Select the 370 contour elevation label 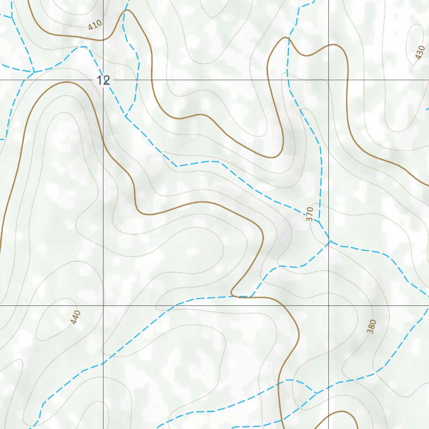[310, 214]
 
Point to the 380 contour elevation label [372, 326]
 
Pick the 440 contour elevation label [75, 318]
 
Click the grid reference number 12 [103, 80]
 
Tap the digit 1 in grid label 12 [100, 80]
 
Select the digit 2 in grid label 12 [106, 80]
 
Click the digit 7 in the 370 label [310, 214]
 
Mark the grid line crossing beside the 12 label [103, 80]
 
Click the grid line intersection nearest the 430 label [328, 80]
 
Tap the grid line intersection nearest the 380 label [328, 305]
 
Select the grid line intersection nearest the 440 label [103, 305]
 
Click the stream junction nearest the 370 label [319, 221]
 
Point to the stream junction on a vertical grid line [330, 241]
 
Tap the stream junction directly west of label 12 [34, 72]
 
